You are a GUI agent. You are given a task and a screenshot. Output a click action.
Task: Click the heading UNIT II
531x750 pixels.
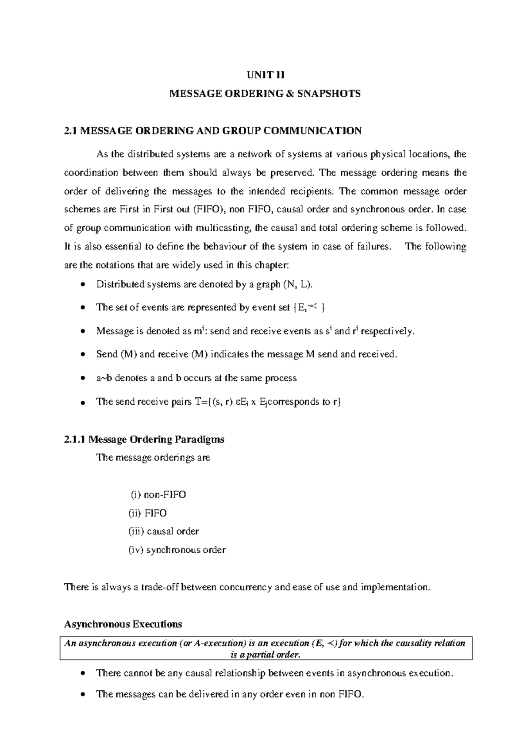[266, 75]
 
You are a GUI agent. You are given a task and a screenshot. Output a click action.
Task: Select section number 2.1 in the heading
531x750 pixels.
[71, 130]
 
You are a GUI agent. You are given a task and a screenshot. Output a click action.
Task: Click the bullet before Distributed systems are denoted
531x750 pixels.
[83, 285]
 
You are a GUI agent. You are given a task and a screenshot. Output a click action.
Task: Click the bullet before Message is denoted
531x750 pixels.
[83, 332]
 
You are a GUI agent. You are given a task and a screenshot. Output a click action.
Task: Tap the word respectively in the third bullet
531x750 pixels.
[388, 331]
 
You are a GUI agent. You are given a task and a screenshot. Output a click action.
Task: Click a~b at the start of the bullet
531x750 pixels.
[104, 378]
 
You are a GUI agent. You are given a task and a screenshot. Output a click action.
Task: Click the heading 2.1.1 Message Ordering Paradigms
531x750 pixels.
[144, 440]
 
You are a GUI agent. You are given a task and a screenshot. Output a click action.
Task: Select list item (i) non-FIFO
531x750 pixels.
[158, 494]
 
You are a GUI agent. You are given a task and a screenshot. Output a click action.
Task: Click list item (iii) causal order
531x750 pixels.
[163, 531]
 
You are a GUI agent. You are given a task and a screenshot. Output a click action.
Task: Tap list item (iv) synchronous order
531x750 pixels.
[177, 550]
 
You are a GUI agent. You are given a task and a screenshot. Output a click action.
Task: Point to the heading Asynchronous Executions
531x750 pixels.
[123, 624]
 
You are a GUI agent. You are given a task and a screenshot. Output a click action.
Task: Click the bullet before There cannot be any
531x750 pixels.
[83, 674]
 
